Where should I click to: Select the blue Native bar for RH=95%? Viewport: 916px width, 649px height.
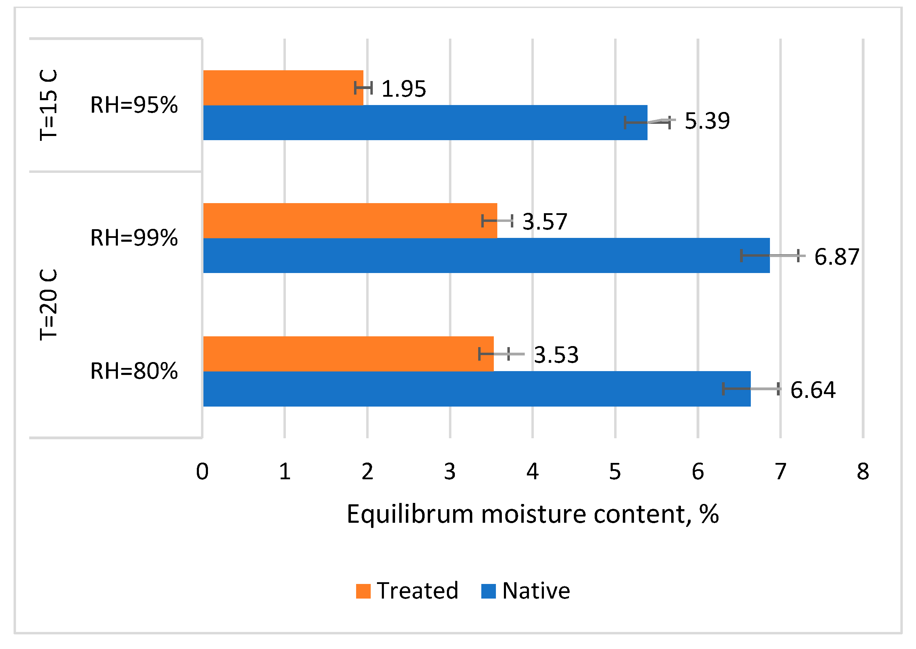[x=425, y=123]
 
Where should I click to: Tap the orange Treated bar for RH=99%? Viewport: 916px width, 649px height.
[x=350, y=221]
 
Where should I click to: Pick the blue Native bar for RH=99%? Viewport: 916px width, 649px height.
[x=486, y=256]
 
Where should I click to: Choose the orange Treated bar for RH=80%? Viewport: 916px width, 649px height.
[x=348, y=354]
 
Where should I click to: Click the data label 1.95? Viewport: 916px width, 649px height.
[x=404, y=89]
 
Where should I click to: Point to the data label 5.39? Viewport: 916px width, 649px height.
[x=707, y=121]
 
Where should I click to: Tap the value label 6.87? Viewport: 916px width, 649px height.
[x=836, y=257]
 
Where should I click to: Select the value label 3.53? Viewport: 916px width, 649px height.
[x=556, y=355]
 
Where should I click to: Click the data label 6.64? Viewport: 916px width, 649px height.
[x=812, y=390]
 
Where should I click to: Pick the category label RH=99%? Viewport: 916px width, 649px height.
[x=134, y=238]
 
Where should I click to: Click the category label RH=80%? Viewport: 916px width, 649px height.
[x=134, y=371]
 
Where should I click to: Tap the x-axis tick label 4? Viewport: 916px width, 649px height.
[x=532, y=472]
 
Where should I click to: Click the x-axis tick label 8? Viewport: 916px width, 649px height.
[x=863, y=472]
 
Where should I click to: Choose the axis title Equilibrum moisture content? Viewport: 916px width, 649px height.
[x=532, y=514]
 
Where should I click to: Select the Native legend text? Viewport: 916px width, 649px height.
[x=536, y=591]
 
